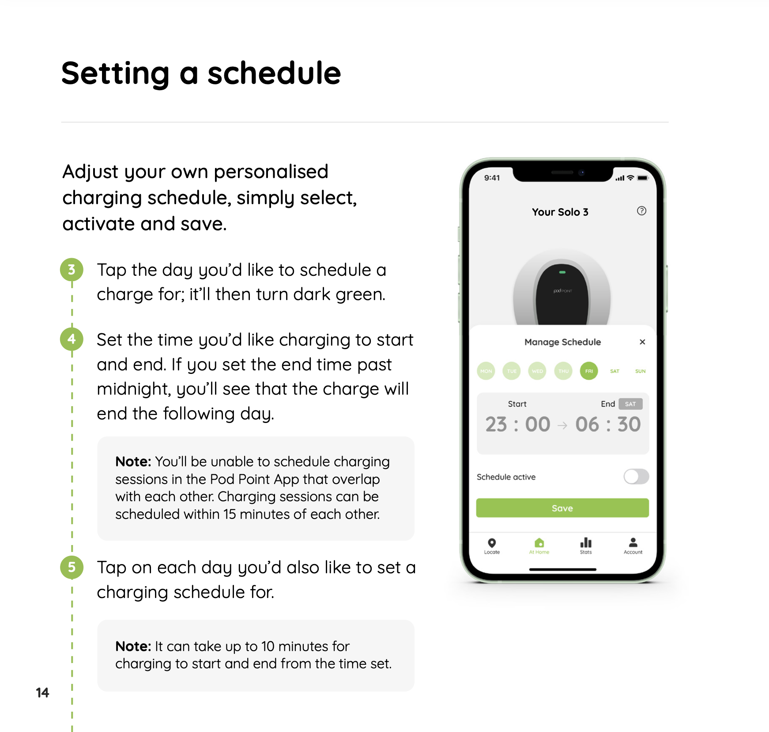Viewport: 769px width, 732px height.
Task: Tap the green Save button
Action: coord(562,508)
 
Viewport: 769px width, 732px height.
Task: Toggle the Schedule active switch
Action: coord(636,477)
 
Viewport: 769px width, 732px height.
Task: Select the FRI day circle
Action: coord(589,371)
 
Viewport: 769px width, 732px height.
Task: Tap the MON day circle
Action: coord(486,371)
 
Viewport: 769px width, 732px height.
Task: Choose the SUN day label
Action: coord(640,371)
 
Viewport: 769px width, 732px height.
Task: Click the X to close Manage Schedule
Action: coord(642,342)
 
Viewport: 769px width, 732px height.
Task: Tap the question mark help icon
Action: coord(641,211)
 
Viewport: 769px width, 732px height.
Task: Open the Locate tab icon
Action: coord(492,543)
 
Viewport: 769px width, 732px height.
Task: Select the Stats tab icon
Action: coord(586,543)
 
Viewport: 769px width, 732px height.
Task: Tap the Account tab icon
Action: coord(633,542)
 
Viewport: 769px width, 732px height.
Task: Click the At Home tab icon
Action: coord(539,543)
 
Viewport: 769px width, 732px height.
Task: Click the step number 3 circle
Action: coord(72,270)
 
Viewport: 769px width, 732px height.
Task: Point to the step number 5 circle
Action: coord(72,567)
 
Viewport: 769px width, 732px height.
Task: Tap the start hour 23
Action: coord(496,424)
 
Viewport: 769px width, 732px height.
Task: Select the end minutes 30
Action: coord(629,424)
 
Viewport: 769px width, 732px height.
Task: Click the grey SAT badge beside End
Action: coord(630,404)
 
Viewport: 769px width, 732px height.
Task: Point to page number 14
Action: coord(42,692)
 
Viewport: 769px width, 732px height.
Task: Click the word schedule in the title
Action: coord(274,73)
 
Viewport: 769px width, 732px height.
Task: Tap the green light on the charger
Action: coord(562,272)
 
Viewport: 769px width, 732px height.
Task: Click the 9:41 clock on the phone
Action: coord(492,178)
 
